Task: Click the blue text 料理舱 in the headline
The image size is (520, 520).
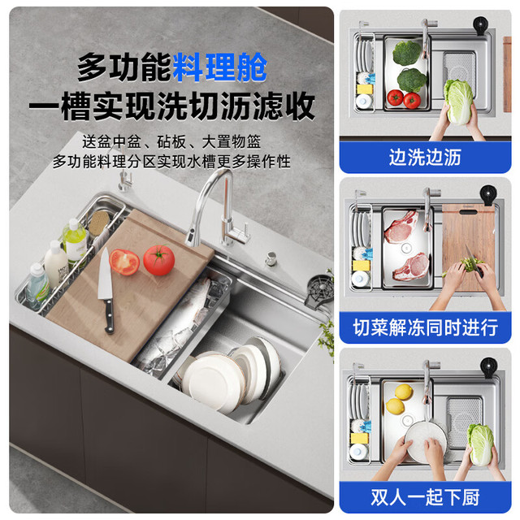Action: click(219, 67)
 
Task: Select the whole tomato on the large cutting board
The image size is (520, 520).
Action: click(159, 260)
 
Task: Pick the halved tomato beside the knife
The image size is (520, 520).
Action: click(124, 262)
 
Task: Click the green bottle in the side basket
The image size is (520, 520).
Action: click(75, 240)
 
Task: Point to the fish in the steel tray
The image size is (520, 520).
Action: click(179, 328)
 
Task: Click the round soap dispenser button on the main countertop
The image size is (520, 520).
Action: click(271, 258)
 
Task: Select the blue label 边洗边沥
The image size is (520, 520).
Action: click(425, 157)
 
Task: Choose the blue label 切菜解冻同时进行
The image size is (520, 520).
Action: click(425, 327)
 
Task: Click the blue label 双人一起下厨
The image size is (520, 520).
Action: click(425, 497)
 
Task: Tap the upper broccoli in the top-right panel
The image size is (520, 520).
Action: click(407, 53)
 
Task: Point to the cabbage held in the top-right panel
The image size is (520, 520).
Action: click(458, 102)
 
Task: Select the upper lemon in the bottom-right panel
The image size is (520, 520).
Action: click(404, 392)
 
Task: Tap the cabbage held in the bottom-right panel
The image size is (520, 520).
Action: click(480, 445)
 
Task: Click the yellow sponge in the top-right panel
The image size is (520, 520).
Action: click(365, 89)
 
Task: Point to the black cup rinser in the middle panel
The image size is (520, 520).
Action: click(488, 195)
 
